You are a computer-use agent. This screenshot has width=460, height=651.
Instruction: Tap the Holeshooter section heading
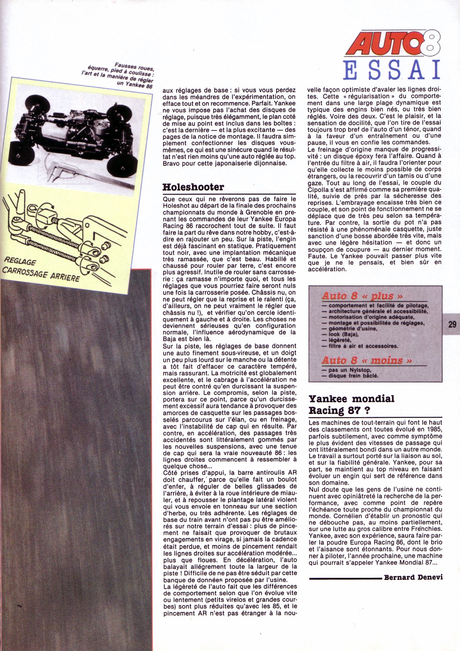193,187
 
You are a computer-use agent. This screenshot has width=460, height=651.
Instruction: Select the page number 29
452,324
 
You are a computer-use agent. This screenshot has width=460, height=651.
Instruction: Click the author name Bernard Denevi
413,577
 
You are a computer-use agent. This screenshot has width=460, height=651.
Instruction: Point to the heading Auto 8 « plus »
362,296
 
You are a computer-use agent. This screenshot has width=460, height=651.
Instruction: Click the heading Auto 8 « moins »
367,360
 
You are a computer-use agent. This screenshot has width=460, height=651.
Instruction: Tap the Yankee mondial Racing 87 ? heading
351,404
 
